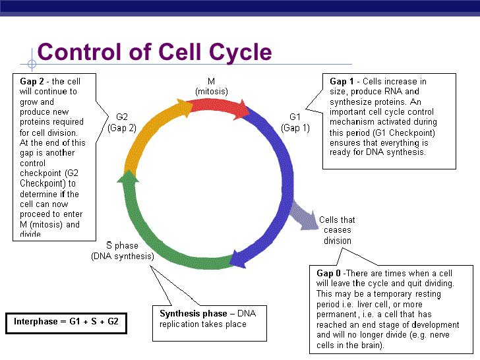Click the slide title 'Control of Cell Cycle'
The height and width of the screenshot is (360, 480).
(x=154, y=51)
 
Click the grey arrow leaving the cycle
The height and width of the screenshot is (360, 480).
(x=305, y=217)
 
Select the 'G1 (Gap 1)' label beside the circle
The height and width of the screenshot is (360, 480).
(x=295, y=123)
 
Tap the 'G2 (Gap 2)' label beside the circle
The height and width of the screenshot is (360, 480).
(x=122, y=123)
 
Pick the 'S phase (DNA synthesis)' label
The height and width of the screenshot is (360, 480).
(x=122, y=251)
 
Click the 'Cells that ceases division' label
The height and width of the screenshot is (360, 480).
(x=337, y=230)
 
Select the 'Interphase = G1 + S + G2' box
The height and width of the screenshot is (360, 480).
(x=66, y=322)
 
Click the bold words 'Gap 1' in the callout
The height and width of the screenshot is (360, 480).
(x=342, y=82)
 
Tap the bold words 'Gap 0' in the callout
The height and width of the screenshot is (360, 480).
(x=328, y=273)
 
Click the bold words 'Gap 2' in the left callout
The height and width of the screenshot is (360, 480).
(x=32, y=82)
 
